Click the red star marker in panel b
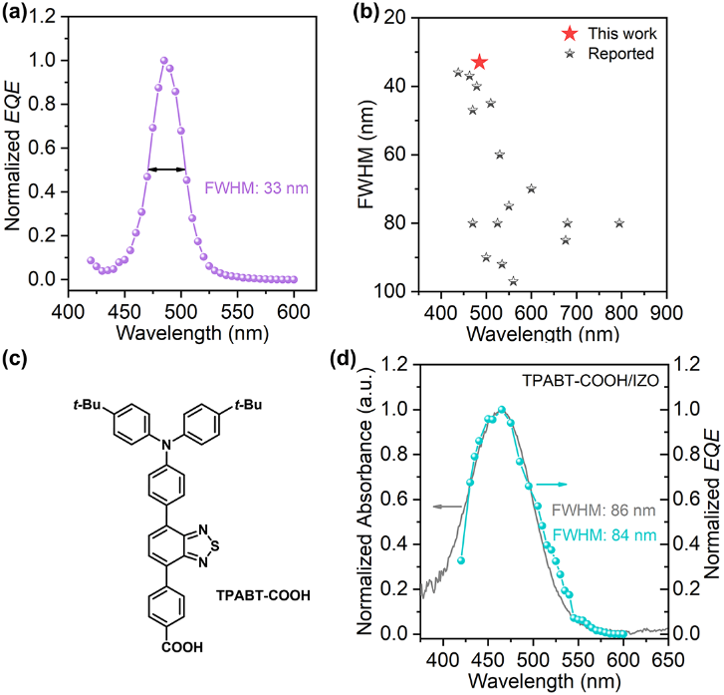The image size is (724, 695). coord(480,62)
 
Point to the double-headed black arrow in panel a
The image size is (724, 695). coord(165,169)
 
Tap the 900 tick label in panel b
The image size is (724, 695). coord(665,310)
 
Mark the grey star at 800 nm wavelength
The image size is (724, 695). coord(619,222)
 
